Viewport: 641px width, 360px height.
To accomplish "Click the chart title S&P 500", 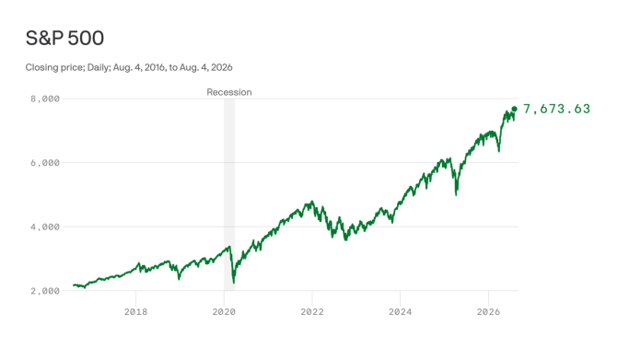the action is (x=64, y=39).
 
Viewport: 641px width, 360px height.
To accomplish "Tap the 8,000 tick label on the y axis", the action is (x=45, y=99).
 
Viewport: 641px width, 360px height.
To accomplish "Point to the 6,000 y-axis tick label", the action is (x=45, y=163).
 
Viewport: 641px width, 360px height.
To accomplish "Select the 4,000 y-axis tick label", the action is (x=45, y=227).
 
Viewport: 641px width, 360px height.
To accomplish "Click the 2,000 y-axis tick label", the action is (x=45, y=291).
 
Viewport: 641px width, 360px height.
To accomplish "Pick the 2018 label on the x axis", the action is (x=135, y=312).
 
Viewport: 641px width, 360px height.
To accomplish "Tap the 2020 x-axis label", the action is (x=224, y=312).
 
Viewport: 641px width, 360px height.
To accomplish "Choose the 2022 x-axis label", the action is (x=312, y=312).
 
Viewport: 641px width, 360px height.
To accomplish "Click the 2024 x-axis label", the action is (x=401, y=312).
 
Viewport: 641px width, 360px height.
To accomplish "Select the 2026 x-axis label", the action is (x=488, y=312).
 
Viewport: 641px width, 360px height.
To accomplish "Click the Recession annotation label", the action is (x=229, y=92).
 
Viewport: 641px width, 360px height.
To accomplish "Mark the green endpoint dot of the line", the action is (x=514, y=109).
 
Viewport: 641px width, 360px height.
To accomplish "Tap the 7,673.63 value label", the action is (x=557, y=109).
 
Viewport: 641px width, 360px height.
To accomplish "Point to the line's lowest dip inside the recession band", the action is (x=233, y=283).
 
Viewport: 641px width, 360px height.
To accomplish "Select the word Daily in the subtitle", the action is (x=99, y=67).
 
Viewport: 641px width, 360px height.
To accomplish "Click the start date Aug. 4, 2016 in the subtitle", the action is (x=139, y=67).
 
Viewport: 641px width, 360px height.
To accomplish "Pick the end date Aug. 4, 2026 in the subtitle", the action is (x=206, y=67).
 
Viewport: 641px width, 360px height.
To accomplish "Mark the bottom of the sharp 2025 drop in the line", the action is (x=456, y=194).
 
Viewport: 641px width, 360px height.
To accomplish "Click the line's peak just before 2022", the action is (x=312, y=202).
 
